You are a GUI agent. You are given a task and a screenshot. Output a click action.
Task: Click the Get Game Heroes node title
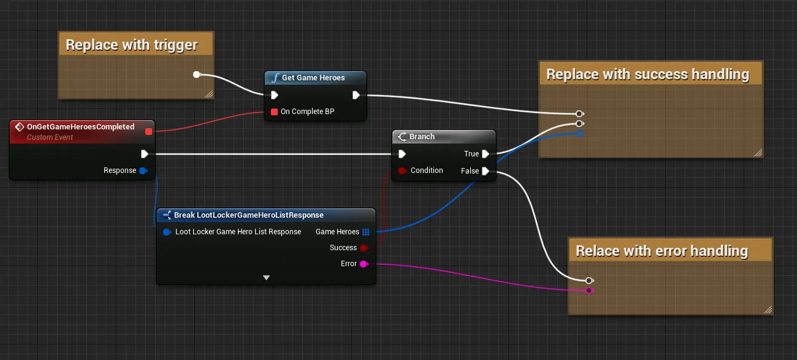click(313, 78)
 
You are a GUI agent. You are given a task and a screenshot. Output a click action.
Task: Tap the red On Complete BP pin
click(274, 112)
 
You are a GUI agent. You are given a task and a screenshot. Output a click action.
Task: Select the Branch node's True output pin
click(486, 154)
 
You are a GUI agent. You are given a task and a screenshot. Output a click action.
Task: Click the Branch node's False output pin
click(486, 171)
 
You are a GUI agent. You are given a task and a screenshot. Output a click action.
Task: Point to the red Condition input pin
click(402, 170)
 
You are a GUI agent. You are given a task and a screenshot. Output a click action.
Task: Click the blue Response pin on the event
click(143, 170)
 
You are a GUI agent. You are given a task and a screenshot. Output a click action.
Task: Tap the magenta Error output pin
click(364, 264)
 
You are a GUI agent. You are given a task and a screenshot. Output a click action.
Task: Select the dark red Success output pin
click(364, 248)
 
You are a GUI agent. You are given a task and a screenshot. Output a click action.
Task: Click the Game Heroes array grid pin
click(365, 232)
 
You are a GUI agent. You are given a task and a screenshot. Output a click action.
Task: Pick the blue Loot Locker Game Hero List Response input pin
click(167, 232)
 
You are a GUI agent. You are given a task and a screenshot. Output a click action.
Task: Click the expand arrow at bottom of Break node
click(266, 277)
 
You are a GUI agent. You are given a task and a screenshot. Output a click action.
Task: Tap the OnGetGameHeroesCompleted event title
click(81, 127)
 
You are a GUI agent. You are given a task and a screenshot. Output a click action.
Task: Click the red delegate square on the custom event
click(149, 132)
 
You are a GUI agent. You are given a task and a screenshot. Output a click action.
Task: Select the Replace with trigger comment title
click(132, 45)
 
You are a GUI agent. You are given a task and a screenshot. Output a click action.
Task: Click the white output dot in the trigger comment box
click(196, 74)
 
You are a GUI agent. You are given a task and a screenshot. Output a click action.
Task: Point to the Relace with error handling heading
click(662, 251)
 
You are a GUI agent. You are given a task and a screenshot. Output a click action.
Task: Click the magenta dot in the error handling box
click(589, 290)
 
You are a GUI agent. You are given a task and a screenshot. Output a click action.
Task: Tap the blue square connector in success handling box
click(580, 134)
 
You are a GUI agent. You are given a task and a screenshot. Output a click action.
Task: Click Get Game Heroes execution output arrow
click(356, 95)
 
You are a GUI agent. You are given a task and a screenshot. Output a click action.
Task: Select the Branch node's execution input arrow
click(402, 154)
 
